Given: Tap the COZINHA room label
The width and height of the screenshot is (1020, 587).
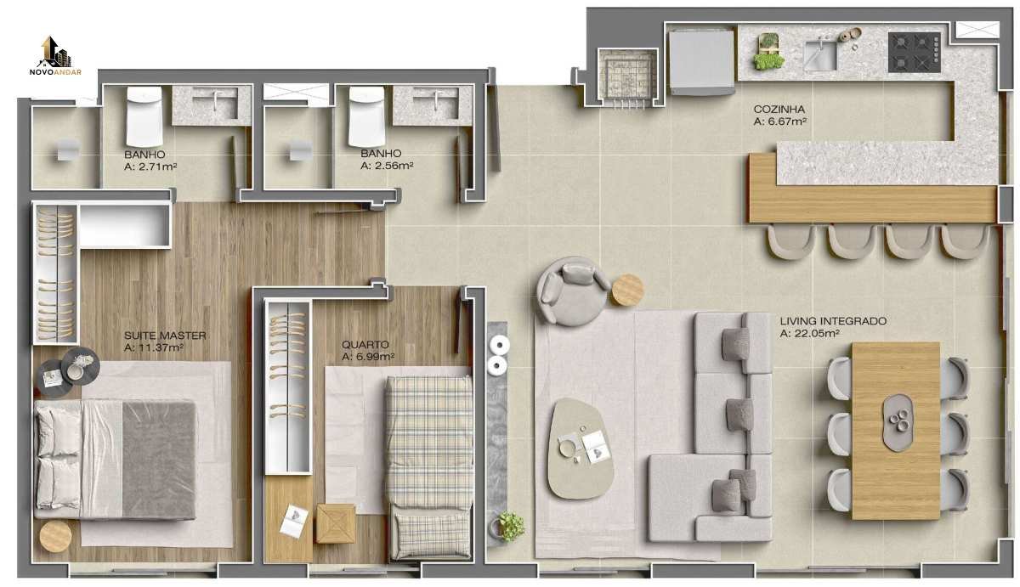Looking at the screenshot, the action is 779,110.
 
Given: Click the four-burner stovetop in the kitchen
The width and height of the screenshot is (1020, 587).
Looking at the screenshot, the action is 915,53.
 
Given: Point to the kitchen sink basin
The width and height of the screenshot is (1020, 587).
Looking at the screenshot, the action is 819,55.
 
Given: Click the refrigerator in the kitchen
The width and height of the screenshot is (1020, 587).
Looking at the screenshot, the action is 701,61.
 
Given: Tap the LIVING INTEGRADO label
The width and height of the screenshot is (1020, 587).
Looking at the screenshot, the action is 833,321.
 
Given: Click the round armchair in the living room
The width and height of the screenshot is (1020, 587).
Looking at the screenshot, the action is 573,291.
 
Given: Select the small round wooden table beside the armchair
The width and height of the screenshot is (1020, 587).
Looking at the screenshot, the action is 627,290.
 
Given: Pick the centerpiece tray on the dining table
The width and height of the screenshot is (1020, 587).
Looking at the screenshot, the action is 898,422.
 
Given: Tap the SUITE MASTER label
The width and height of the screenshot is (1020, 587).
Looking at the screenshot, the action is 165,336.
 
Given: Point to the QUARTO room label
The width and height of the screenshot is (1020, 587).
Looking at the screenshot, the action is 365,344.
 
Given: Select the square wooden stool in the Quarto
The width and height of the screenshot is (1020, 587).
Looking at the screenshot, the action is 336,523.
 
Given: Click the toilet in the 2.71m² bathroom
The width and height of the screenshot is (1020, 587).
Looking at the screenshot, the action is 144,116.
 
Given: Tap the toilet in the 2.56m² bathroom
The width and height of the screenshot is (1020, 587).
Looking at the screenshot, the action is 366,116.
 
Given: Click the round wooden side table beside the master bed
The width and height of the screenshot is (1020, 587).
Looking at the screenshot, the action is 55,537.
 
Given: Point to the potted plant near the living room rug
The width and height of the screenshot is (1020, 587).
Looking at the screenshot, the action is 511,527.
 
